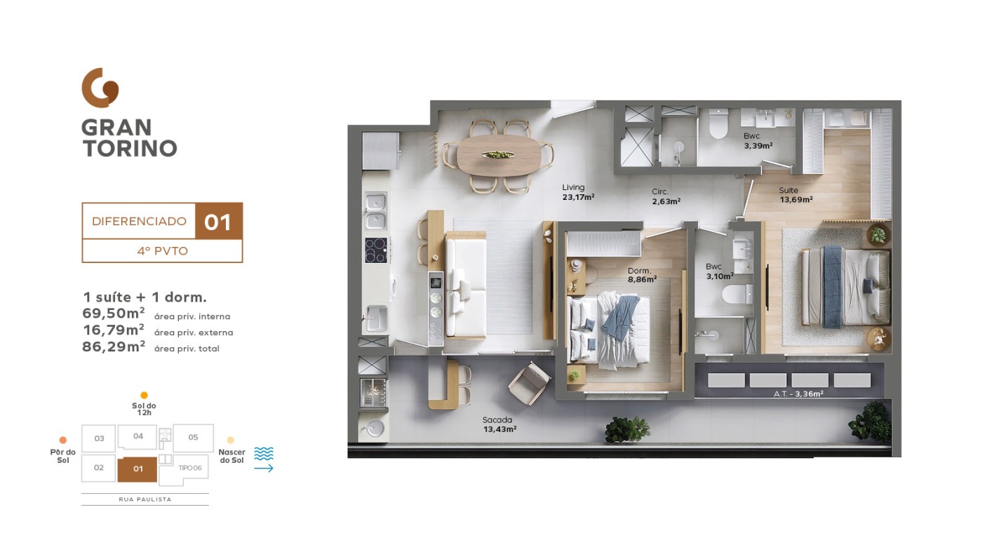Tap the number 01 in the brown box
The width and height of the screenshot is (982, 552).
(x=218, y=222)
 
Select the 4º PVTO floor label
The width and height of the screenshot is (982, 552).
(x=162, y=251)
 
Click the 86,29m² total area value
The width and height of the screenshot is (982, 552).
(x=114, y=346)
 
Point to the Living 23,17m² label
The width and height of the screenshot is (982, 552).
(x=578, y=192)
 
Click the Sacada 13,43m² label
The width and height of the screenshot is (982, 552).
(x=499, y=424)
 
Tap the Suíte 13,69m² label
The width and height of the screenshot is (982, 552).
(x=795, y=195)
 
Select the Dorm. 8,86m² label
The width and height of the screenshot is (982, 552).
(x=642, y=275)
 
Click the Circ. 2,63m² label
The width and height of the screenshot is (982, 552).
(x=666, y=196)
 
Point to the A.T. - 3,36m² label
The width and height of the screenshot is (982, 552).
(x=798, y=393)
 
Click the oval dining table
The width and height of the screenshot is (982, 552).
(x=499, y=155)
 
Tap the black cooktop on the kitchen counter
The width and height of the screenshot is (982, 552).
(x=376, y=250)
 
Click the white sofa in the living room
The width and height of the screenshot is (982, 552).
(x=466, y=285)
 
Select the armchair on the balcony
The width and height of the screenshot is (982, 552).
(x=529, y=383)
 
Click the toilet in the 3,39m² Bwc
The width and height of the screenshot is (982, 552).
(x=718, y=123)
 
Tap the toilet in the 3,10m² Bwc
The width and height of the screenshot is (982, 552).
(x=737, y=294)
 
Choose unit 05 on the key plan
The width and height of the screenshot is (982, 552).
(x=194, y=438)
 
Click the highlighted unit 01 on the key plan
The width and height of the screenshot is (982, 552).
(x=137, y=469)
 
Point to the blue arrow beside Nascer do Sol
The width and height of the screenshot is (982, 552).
(x=264, y=469)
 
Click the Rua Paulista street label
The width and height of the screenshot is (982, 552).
(x=145, y=499)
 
